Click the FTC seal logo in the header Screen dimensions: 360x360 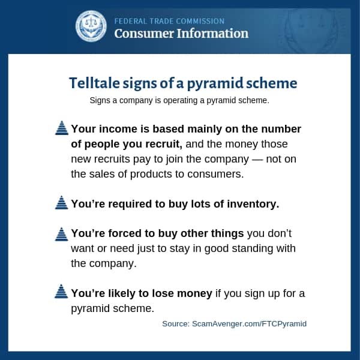coord(91,26)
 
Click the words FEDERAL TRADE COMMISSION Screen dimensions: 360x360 coord(169,22)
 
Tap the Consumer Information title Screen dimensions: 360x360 coord(181,34)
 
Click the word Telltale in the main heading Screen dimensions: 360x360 coord(94,83)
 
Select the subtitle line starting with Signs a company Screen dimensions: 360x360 coord(179,101)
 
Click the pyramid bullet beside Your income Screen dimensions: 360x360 coord(62,128)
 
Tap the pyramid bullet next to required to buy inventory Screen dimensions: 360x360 coord(62,203)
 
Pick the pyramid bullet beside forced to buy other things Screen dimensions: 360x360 coord(62,234)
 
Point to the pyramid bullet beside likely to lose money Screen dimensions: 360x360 coord(61,291)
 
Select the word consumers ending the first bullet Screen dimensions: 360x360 coord(215,174)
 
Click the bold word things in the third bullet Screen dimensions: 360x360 coord(227,234)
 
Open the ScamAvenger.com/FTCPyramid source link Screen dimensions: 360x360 coord(249,324)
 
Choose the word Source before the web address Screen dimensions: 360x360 coord(176,324)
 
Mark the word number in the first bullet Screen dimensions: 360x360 coord(281,129)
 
